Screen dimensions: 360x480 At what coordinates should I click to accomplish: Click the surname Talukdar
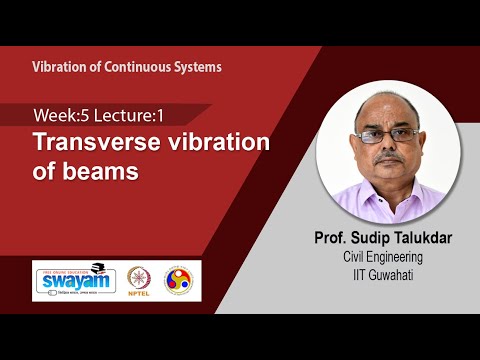pos(412,239)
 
